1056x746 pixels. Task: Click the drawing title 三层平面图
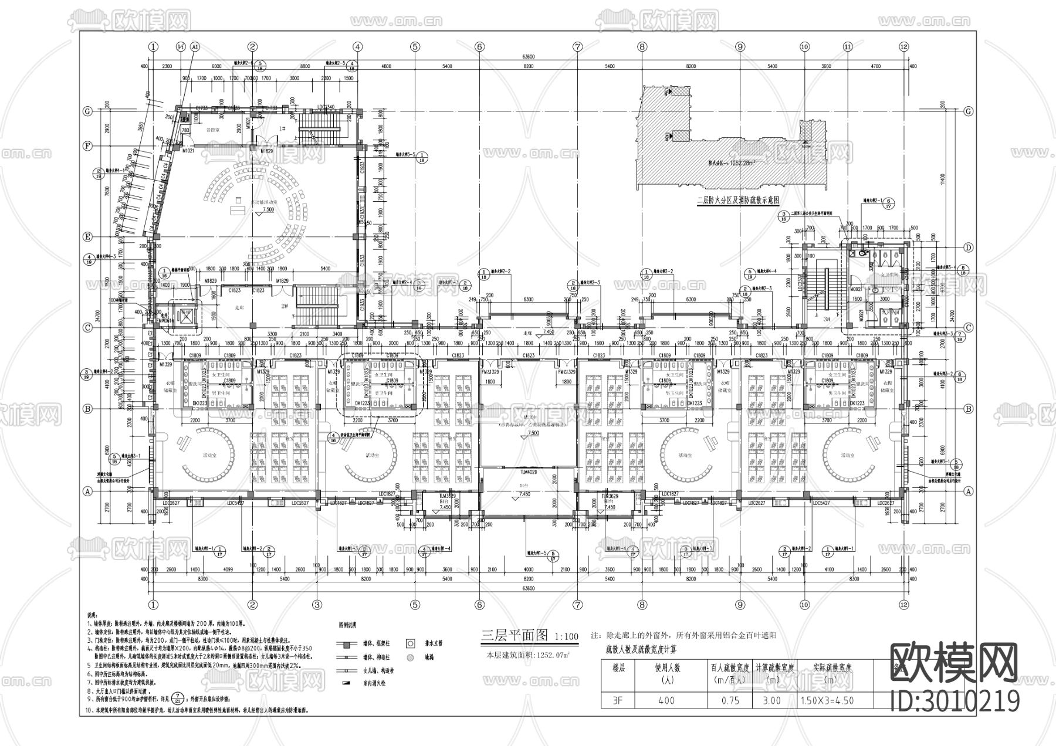514,635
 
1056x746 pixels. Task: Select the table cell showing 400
666,700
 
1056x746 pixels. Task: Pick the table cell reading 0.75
726,700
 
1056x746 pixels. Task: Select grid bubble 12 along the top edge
903,47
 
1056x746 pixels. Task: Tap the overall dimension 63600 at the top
528,57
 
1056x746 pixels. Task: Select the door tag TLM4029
529,472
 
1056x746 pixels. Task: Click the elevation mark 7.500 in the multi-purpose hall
268,209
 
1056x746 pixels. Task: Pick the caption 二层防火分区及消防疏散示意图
737,200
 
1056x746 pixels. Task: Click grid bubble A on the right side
969,491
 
